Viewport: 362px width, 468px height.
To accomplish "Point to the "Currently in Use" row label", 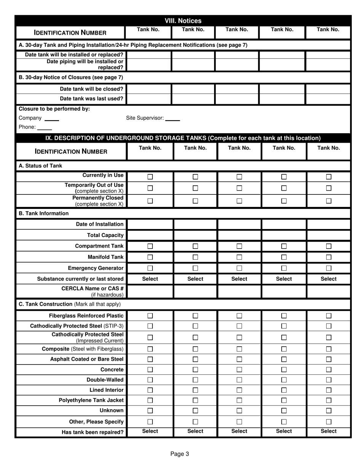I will [x=103, y=175].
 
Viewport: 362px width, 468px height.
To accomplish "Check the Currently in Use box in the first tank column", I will [x=150, y=177].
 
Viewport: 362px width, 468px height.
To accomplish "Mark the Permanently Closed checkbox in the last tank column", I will [x=328, y=201].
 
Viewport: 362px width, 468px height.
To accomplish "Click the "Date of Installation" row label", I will [x=99, y=224].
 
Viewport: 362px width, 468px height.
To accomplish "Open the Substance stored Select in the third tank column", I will [x=239, y=279].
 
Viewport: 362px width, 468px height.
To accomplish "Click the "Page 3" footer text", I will [x=179, y=454].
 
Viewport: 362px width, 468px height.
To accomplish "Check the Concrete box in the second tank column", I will [x=195, y=369].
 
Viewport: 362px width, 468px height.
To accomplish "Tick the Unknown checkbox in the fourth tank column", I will [x=284, y=411].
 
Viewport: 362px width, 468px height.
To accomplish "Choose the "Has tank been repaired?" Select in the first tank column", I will [x=150, y=431].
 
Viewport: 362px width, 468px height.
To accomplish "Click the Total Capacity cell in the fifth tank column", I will [x=328, y=235].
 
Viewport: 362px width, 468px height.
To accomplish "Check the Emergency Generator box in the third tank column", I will [x=239, y=268].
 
